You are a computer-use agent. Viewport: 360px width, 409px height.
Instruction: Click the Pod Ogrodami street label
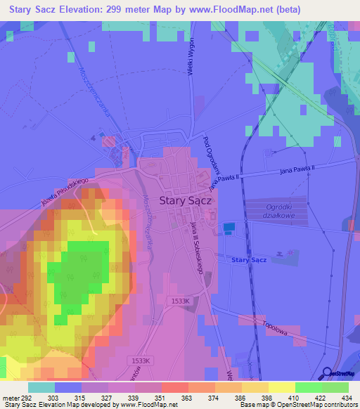(212, 154)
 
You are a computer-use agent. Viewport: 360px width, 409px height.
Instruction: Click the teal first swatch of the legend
(41, 387)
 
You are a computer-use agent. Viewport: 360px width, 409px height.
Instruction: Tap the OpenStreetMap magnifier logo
(328, 373)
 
